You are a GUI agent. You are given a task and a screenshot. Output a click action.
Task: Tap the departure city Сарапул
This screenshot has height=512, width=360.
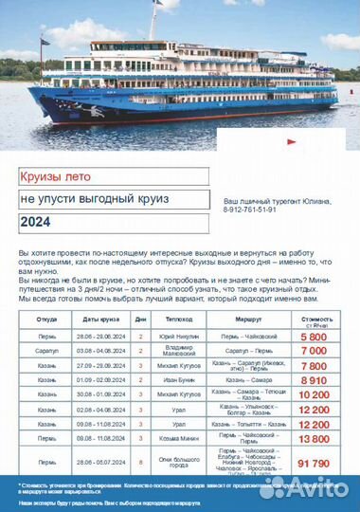(46, 351)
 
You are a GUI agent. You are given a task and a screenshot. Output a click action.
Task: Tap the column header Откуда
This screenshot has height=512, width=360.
(46, 320)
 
